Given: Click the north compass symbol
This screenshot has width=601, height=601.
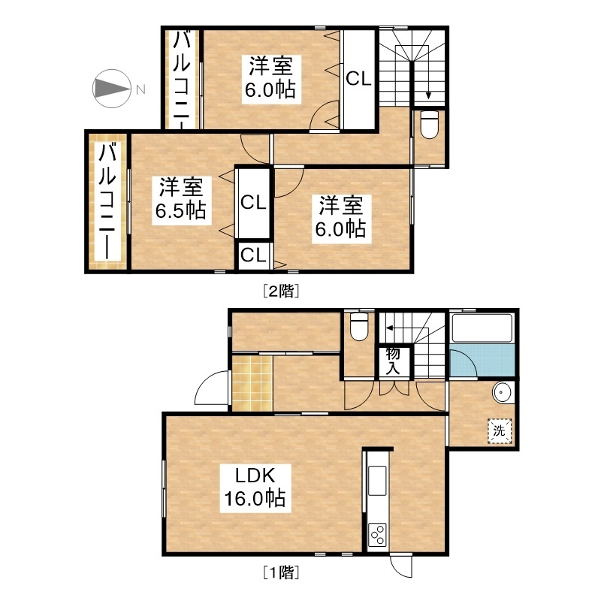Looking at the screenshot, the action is [112, 89].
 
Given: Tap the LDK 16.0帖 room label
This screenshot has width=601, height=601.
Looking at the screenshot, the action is [255, 488].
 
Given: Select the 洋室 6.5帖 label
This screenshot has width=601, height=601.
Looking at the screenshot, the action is [181, 200].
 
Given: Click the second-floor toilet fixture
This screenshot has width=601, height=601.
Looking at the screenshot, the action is [429, 124].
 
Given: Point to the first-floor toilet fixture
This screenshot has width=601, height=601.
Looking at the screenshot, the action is [359, 326].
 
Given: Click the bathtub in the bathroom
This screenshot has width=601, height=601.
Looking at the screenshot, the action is [482, 328].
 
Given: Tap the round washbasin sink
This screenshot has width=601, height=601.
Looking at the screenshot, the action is [502, 392].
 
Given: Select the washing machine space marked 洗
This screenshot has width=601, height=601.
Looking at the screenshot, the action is [500, 430].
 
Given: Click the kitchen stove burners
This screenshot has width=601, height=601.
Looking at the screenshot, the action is [377, 535].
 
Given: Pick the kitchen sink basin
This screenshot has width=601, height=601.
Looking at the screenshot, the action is [377, 480].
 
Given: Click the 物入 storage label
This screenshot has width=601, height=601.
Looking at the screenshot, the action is [393, 361].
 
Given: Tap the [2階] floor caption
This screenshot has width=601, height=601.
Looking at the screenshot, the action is [281, 291].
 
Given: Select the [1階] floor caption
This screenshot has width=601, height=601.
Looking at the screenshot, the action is [281, 572].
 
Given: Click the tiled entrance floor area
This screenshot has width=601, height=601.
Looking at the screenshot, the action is [252, 383].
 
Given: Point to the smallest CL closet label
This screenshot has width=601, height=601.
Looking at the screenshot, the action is [253, 255].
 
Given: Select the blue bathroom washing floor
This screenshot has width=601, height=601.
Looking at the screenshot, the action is [482, 361].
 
